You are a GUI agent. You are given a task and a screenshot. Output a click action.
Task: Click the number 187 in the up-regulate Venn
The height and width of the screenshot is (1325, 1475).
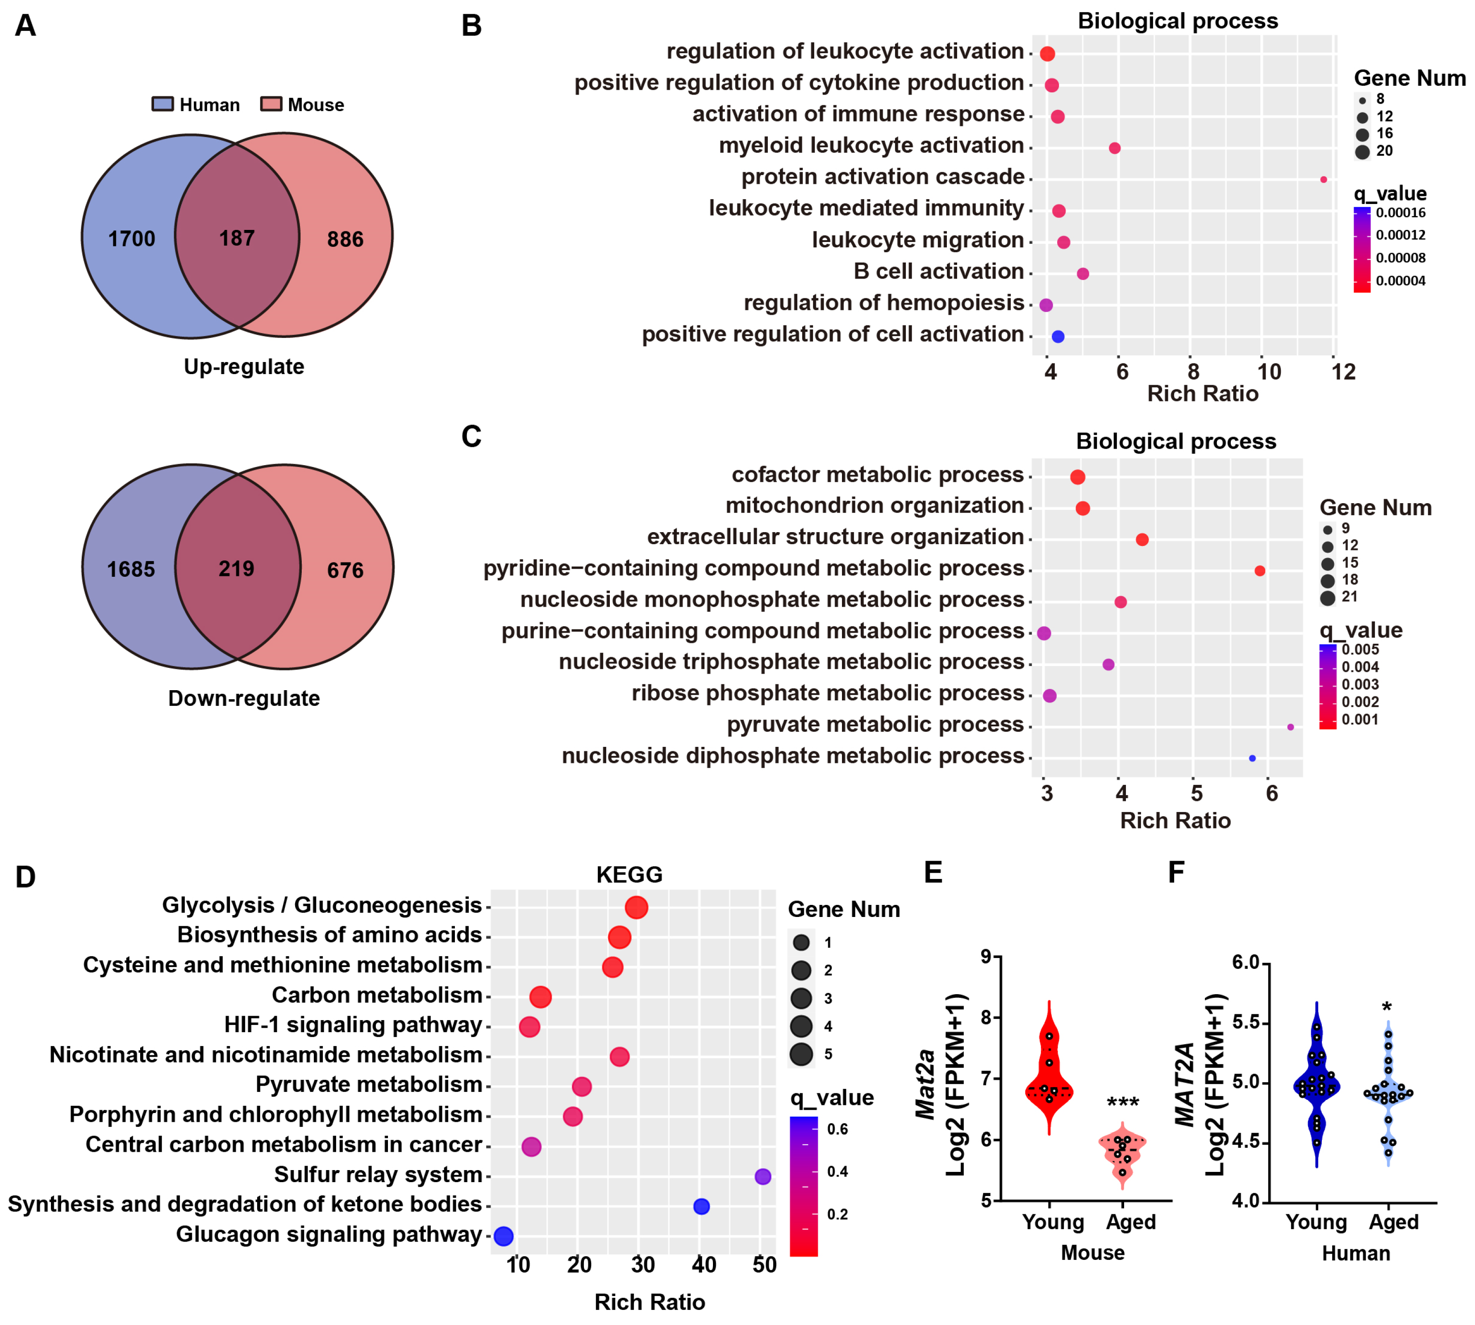[x=237, y=238]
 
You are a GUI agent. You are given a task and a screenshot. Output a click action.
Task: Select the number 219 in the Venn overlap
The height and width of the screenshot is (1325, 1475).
[x=237, y=569]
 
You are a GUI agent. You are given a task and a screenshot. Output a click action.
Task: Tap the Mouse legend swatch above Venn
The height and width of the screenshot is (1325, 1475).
[x=271, y=104]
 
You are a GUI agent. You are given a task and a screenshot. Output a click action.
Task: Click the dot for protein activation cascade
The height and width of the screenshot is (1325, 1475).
[x=1323, y=179]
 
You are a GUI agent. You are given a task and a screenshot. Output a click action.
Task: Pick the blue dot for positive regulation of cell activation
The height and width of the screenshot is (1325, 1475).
[x=1058, y=336]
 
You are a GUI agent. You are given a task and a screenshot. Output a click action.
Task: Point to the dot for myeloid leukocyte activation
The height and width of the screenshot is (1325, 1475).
[x=1114, y=148]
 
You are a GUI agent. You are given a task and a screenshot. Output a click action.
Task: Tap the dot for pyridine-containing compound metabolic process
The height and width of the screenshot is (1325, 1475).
[x=1259, y=571]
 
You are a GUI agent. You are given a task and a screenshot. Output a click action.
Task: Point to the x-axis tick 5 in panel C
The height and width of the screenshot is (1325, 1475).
[x=1196, y=793]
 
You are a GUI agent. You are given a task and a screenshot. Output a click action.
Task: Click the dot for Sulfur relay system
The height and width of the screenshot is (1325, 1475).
[x=762, y=1176]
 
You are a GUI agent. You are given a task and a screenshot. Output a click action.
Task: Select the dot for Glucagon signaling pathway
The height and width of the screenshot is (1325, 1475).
[x=503, y=1235]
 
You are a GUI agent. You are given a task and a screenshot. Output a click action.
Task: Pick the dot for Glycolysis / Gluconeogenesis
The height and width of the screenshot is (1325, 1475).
[x=636, y=907]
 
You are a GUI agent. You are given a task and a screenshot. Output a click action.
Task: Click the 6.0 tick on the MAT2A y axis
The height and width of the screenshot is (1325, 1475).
[x=1245, y=962]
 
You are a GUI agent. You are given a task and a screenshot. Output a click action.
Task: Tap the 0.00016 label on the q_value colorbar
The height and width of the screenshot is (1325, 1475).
[x=1400, y=212]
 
